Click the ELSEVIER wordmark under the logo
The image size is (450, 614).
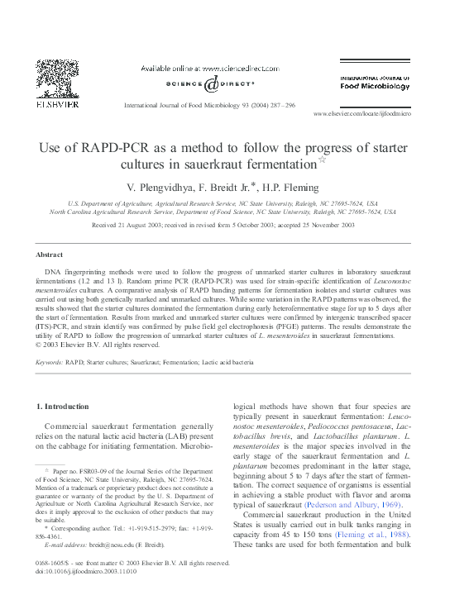coord(55,106)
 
